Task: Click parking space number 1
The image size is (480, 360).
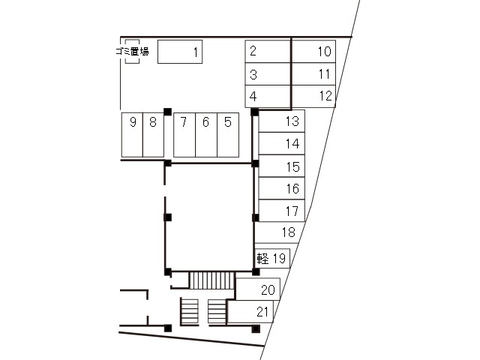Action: click(180, 52)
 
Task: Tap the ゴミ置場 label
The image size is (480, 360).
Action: click(132, 51)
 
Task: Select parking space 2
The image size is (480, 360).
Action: click(268, 52)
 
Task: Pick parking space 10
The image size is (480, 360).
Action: click(313, 52)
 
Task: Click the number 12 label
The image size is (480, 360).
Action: click(325, 96)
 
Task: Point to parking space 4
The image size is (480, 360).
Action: click(268, 97)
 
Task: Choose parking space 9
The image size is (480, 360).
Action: click(132, 135)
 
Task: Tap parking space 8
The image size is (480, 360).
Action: click(153, 135)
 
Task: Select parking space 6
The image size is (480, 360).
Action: click(206, 135)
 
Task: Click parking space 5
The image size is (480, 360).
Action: click(228, 135)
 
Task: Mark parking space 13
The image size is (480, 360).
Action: click(282, 121)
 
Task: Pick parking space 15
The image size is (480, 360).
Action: click(282, 166)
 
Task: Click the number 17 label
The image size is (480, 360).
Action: click(292, 211)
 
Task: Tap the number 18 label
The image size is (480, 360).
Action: click(288, 232)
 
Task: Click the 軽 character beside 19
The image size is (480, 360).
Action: click(262, 258)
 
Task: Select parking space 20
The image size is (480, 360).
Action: click(258, 289)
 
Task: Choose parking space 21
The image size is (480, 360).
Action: click(250, 312)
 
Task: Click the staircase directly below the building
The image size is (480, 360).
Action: click(211, 280)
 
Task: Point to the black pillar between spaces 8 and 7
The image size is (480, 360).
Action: click(167, 112)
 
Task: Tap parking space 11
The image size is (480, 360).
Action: click(313, 73)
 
